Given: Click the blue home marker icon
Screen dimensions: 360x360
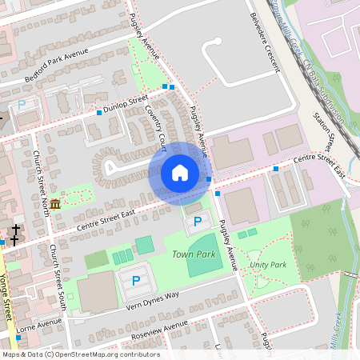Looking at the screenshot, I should [180, 173].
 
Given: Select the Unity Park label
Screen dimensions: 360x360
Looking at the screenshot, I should [267, 264].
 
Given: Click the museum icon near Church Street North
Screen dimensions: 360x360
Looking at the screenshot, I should [54, 206].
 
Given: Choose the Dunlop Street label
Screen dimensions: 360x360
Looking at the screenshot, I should [126, 103].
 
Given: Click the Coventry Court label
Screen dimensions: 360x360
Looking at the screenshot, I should [155, 127].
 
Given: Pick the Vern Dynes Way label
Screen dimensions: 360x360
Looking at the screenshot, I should [152, 302].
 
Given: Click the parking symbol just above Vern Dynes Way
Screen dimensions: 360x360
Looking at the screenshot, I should [135, 281].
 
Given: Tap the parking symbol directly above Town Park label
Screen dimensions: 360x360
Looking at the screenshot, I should [197, 221].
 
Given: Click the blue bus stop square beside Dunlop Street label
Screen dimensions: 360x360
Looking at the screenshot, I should [99, 113].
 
